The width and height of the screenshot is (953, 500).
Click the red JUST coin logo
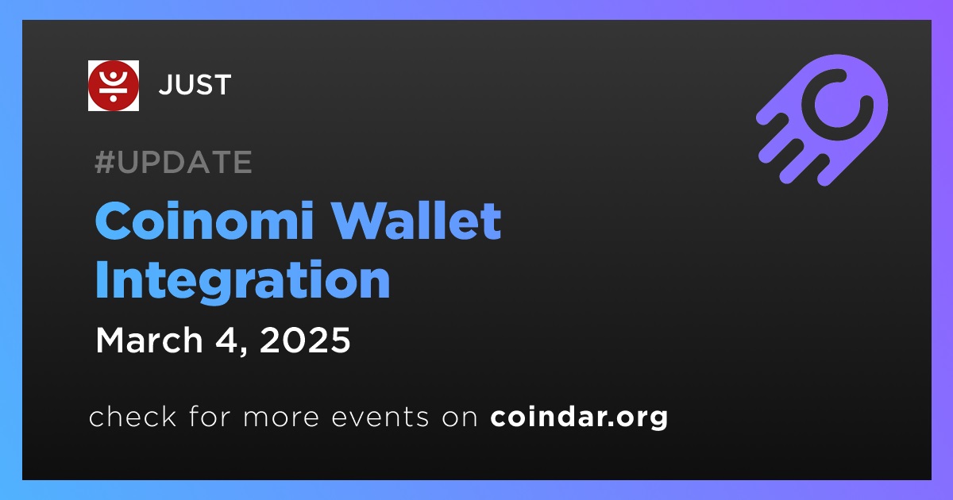pyautogui.click(x=113, y=86)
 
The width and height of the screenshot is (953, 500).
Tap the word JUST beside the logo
pyautogui.click(x=195, y=85)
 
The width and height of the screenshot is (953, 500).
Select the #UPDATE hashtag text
pyautogui.click(x=174, y=162)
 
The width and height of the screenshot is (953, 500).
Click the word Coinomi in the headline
pyautogui.click(x=205, y=221)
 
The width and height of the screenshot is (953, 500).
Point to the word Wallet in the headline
pyautogui.click(x=416, y=221)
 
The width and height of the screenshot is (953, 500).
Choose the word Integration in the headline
pyautogui.click(x=242, y=282)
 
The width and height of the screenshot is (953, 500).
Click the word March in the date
pyautogui.click(x=149, y=340)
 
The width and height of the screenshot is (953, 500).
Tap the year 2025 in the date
pyautogui.click(x=305, y=340)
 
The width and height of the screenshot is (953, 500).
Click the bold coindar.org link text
pyautogui.click(x=579, y=417)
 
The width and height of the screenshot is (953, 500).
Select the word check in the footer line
pyautogui.click(x=133, y=416)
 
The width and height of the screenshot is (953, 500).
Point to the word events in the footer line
pyautogui.click(x=380, y=417)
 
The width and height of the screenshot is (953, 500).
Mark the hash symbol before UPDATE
pyautogui.click(x=105, y=162)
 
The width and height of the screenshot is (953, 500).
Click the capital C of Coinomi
pyautogui.click(x=113, y=221)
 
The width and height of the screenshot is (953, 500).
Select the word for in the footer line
pyautogui.click(x=210, y=416)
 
